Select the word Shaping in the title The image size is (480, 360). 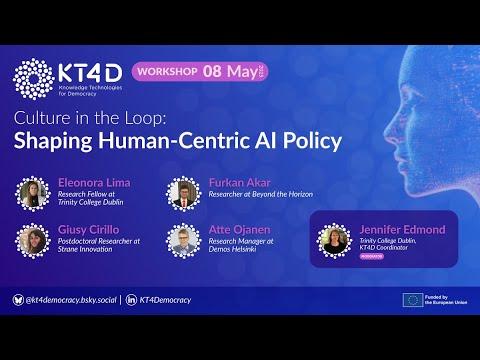click(60, 141)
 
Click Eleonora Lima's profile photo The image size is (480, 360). click(32, 194)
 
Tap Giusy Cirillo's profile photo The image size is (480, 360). click(32, 240)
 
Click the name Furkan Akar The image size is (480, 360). click(241, 184)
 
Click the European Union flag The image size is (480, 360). click(412, 299)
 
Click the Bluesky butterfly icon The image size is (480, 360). click(18, 299)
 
